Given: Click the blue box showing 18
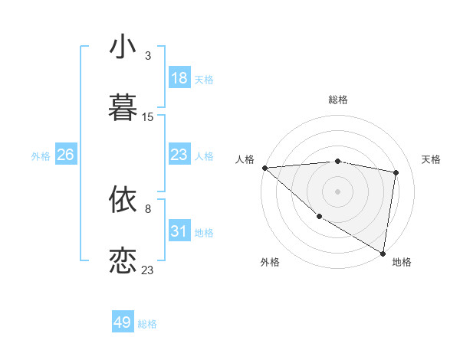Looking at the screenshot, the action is point(179,78).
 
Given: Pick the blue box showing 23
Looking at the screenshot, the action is point(179,155).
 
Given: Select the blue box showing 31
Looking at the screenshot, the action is point(179,231).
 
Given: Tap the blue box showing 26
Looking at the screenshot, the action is point(65,155).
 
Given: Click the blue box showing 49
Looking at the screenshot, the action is point(123,322).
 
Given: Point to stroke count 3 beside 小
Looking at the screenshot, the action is point(148,56).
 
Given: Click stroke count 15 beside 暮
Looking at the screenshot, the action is point(148,117).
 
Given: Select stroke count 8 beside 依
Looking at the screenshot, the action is point(148,208).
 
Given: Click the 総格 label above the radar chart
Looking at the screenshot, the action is point(338,100).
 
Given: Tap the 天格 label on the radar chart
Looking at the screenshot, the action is point(432,159).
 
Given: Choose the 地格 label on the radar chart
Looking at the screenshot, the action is point(402,262).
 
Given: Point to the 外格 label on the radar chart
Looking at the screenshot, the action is point(270,262).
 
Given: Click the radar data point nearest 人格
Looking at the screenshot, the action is point(264,168).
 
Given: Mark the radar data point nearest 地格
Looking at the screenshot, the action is point(383,252).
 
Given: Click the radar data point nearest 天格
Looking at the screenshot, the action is point(396,172).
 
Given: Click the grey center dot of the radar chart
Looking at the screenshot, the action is point(338,191).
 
